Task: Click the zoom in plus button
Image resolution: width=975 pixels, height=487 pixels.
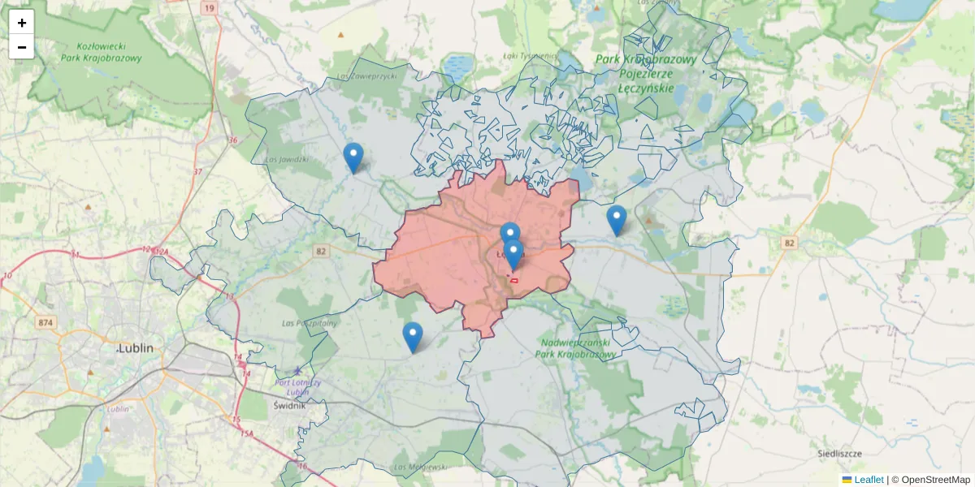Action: coord(22,23)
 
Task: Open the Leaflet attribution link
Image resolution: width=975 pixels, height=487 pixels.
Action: coord(869,480)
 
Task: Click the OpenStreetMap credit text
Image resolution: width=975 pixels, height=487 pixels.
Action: coord(935,480)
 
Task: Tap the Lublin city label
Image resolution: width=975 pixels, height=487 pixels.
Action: coord(136,348)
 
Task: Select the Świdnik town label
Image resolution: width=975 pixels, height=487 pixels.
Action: coord(289,405)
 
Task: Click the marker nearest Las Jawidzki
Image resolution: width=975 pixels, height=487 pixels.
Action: coord(353,157)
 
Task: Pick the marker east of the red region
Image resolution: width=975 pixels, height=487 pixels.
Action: coord(617,220)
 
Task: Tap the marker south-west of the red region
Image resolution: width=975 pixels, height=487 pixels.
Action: coord(413,337)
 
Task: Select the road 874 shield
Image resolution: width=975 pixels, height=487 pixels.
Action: coord(45,323)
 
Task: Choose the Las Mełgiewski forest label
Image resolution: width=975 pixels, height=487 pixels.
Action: coord(420,468)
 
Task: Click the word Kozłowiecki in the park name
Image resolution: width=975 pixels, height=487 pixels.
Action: coord(102,46)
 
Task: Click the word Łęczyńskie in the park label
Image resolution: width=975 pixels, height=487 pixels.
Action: coord(646,88)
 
